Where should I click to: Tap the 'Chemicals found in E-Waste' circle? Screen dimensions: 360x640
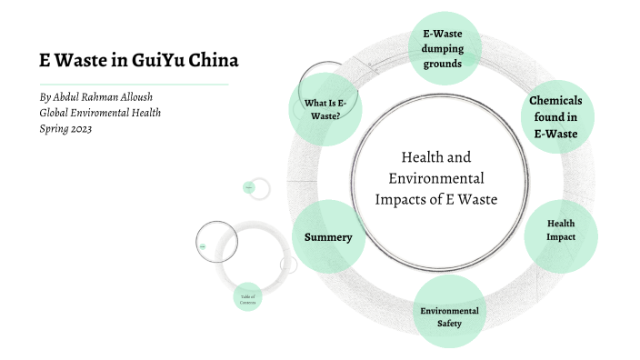(x=555, y=116)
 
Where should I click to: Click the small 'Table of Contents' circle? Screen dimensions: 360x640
(x=248, y=298)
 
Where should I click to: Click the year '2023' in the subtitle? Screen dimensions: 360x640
(x=78, y=128)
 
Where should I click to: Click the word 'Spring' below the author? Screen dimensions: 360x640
(x=52, y=128)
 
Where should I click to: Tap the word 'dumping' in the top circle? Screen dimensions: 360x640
(x=442, y=49)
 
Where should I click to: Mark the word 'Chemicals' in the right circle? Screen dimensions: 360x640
(x=555, y=100)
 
